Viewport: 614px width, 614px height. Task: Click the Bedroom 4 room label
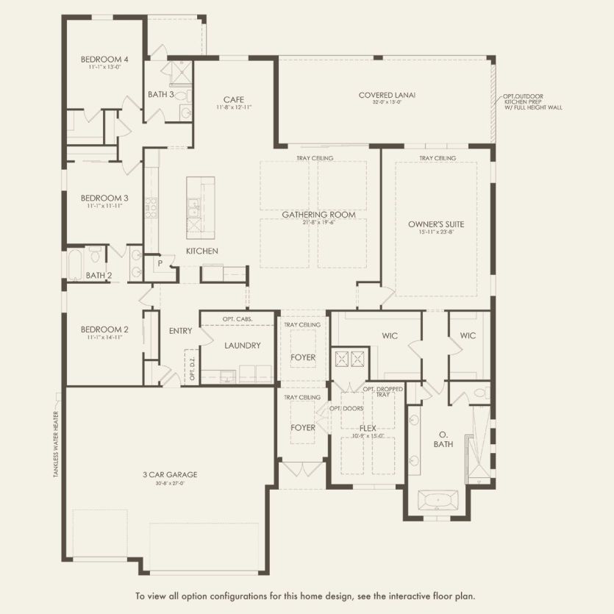pyautogui.click(x=104, y=59)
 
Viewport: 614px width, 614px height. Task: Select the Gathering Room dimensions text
pyautogui.click(x=318, y=223)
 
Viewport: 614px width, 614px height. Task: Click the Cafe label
pyautogui.click(x=234, y=99)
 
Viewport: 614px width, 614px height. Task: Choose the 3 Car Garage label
pyautogui.click(x=170, y=474)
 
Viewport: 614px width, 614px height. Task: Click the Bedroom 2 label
pyautogui.click(x=104, y=329)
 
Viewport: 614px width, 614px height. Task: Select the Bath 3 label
pyautogui.click(x=160, y=94)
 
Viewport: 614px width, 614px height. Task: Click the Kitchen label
pyautogui.click(x=201, y=251)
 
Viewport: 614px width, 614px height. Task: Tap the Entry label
pyautogui.click(x=180, y=331)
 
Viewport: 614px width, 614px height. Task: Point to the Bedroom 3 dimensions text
pyautogui.click(x=104, y=206)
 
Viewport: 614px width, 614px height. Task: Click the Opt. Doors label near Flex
pyautogui.click(x=343, y=408)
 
